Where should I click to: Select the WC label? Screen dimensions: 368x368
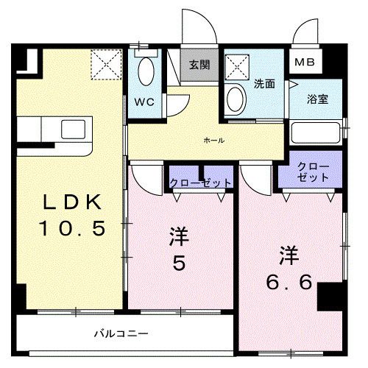click(x=144, y=102)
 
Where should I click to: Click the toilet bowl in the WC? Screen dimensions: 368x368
click(x=145, y=71)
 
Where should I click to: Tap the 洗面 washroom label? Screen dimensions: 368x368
click(x=264, y=84)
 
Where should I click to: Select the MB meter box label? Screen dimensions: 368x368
click(x=304, y=63)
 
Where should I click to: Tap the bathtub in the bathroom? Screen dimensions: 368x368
click(x=315, y=133)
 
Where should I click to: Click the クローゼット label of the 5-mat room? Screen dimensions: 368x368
click(x=200, y=182)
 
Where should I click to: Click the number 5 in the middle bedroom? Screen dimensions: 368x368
click(x=179, y=263)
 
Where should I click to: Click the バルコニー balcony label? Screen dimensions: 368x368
click(x=121, y=333)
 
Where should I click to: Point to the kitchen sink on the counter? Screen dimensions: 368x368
click(x=74, y=127)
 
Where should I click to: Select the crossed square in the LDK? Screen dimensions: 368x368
click(x=105, y=63)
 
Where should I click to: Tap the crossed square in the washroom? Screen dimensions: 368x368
click(x=238, y=66)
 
